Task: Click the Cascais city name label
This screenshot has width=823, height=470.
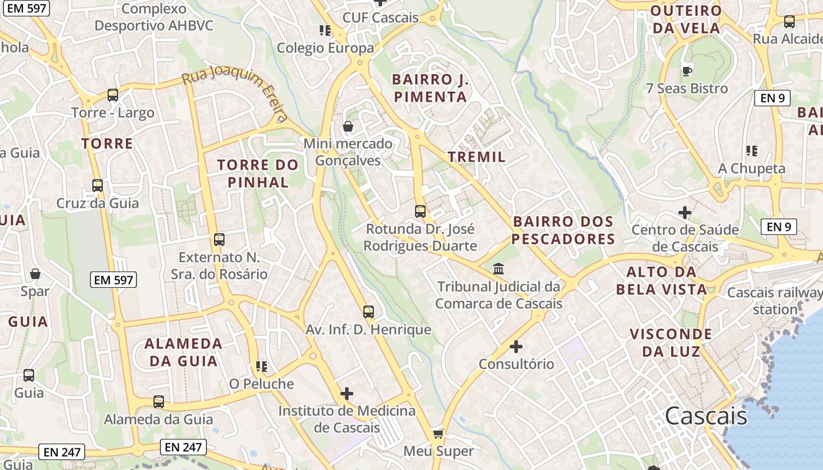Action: pyautogui.click(x=706, y=416)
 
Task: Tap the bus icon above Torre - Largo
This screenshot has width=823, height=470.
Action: pyautogui.click(x=113, y=95)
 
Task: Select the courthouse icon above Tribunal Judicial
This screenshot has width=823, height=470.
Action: pyautogui.click(x=499, y=268)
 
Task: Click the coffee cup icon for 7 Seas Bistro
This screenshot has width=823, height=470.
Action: pyautogui.click(x=687, y=71)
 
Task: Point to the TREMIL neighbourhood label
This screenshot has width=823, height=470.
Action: pyautogui.click(x=476, y=157)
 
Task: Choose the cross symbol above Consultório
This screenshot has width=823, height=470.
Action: pyautogui.click(x=516, y=347)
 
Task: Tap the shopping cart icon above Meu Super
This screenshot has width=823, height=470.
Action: pyautogui.click(x=438, y=434)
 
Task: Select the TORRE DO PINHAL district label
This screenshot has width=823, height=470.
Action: pyautogui.click(x=258, y=173)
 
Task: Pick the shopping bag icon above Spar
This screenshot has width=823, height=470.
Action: pyautogui.click(x=35, y=274)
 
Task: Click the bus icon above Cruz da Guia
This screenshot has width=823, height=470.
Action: pyautogui.click(x=98, y=186)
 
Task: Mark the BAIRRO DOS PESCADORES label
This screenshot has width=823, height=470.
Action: pyautogui.click(x=563, y=230)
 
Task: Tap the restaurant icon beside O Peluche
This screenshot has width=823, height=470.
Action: pyautogui.click(x=262, y=367)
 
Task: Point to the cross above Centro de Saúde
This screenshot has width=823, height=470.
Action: pyautogui.click(x=685, y=212)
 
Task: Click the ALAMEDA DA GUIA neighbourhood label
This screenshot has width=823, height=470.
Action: pyautogui.click(x=183, y=352)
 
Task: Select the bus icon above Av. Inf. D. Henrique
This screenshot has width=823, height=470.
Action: pyautogui.click(x=369, y=312)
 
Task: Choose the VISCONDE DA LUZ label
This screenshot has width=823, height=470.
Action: pyautogui.click(x=671, y=343)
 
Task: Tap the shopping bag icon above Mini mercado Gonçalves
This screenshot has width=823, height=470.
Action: pyautogui.click(x=348, y=126)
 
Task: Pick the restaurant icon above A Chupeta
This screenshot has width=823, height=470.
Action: pyautogui.click(x=751, y=151)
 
